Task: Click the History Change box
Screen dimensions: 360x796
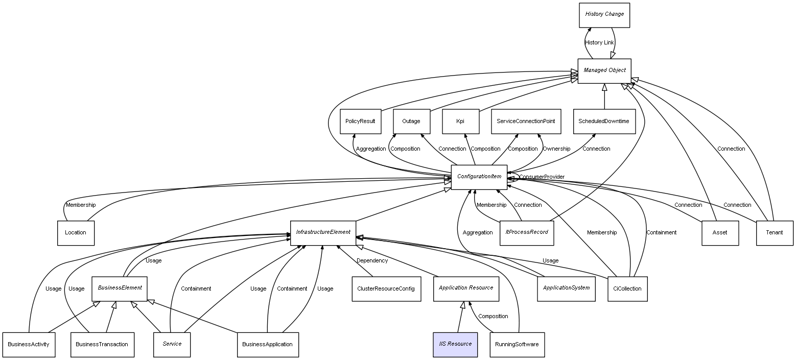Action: point(604,15)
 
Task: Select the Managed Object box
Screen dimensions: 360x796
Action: point(604,70)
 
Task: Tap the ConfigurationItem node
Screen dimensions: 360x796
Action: point(479,177)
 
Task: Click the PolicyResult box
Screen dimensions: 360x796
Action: point(360,122)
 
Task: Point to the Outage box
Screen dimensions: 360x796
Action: point(411,122)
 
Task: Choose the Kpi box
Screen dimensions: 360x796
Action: point(460,122)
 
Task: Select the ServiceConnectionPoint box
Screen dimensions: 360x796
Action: point(526,122)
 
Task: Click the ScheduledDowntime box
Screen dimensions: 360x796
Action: point(604,122)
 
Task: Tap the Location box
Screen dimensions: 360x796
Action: point(76,233)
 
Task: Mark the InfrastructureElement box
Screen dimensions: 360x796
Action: point(323,232)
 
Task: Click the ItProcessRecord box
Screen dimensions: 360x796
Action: point(526,232)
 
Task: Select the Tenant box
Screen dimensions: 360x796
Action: point(775,233)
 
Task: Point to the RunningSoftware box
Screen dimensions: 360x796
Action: point(517,344)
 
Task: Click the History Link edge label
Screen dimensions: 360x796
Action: point(599,43)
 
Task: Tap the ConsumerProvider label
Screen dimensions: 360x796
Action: point(542,177)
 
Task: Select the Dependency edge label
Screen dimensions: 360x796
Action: point(372,261)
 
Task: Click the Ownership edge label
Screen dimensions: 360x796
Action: point(556,149)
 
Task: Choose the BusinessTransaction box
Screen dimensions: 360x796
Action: point(102,344)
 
